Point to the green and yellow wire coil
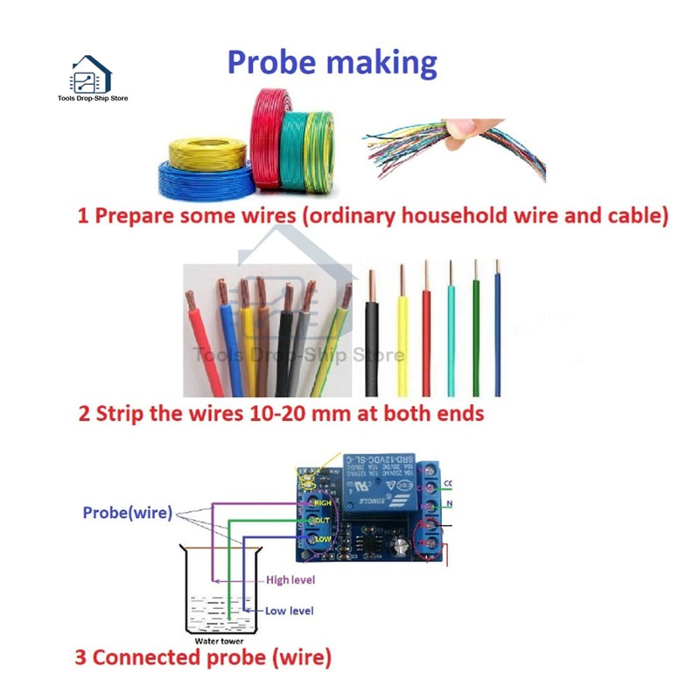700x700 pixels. pyautogui.click(x=308, y=144)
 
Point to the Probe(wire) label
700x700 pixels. pyautogui.click(x=128, y=513)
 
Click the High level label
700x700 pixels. pyautogui.click(x=291, y=579)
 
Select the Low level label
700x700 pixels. pyautogui.click(x=290, y=610)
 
